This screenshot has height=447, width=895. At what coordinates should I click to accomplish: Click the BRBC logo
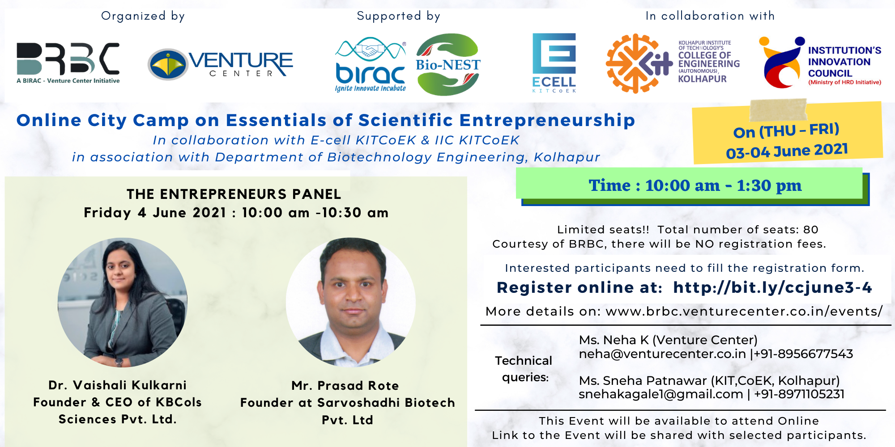pyautogui.click(x=68, y=63)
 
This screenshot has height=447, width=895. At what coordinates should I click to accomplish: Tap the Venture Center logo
pyautogui.click(x=220, y=64)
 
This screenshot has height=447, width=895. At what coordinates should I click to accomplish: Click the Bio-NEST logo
pyautogui.click(x=448, y=64)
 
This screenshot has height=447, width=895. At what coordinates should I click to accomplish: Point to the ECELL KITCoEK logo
pyautogui.click(x=554, y=63)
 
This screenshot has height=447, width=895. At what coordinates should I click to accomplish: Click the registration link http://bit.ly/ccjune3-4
pyautogui.click(x=772, y=287)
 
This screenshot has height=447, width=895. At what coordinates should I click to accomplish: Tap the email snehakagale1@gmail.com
pyautogui.click(x=661, y=394)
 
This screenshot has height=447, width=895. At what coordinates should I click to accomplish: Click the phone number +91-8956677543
pyautogui.click(x=804, y=354)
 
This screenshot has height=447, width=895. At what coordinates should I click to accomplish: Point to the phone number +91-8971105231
pyautogui.click(x=799, y=394)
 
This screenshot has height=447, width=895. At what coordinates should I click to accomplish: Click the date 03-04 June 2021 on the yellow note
pyautogui.click(x=787, y=151)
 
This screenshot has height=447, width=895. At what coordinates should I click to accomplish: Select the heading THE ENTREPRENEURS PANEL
pyautogui.click(x=234, y=194)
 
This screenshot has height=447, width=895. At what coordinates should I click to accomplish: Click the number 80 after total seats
pyautogui.click(x=810, y=230)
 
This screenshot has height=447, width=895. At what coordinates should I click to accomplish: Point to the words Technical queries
pyautogui.click(x=524, y=369)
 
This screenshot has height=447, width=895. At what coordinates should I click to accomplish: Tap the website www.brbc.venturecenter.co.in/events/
pyautogui.click(x=744, y=312)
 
